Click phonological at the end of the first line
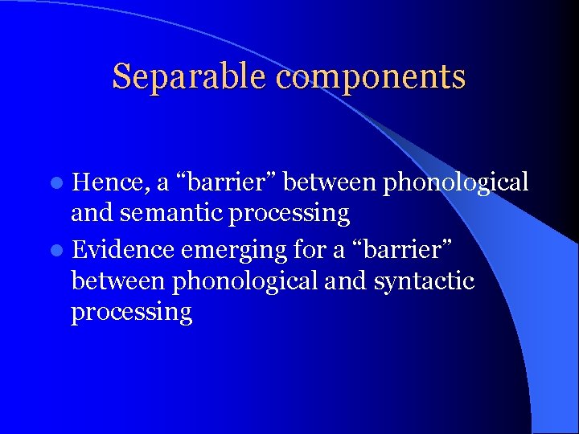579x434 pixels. coord(456,184)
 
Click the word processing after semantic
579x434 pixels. coord(299,215)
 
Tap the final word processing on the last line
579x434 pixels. coord(131,313)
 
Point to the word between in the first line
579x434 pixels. coord(331,183)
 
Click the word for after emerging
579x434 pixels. coord(311,249)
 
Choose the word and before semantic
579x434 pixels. coord(90,214)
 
